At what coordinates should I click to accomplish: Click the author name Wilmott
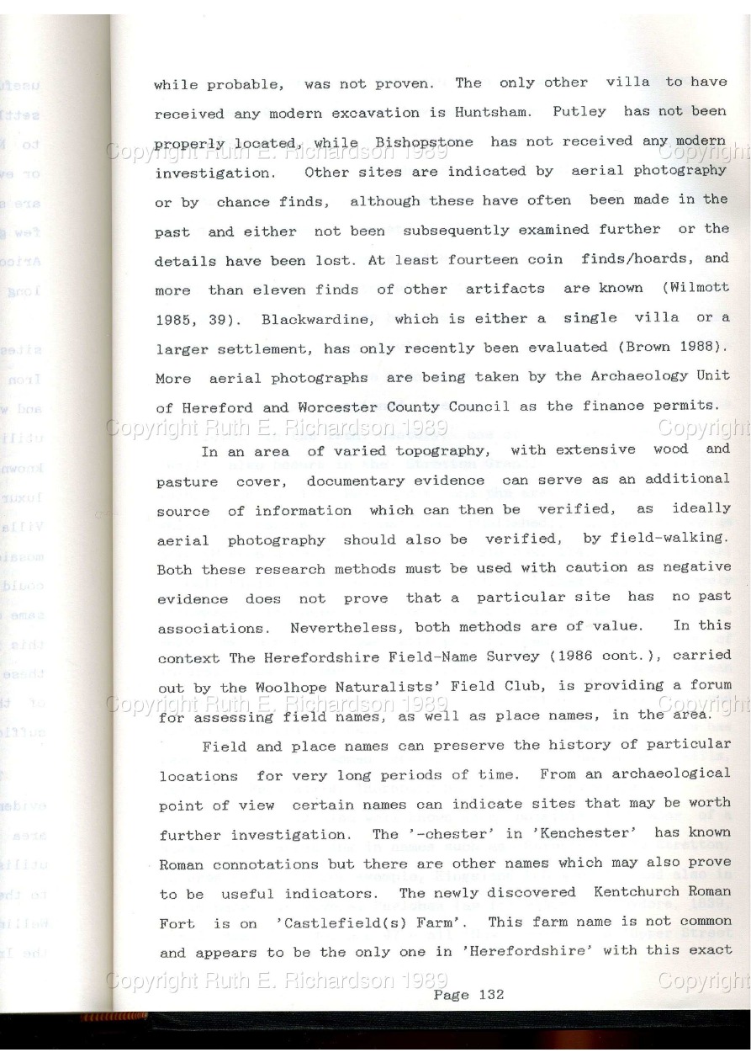point(700,288)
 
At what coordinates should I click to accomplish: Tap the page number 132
point(490,994)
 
